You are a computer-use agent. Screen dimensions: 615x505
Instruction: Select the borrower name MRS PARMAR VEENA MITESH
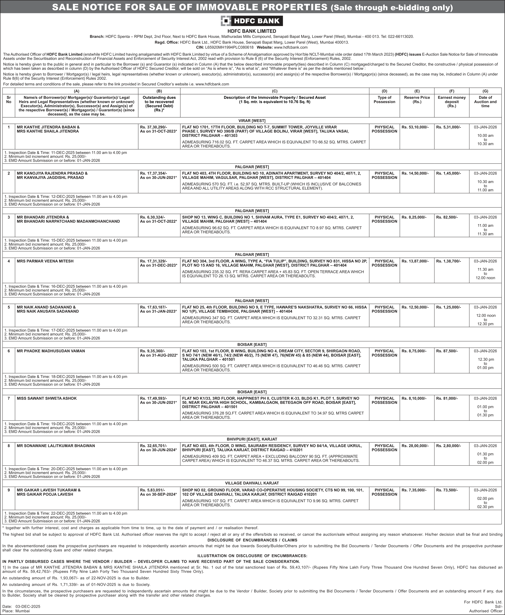tap(45, 261)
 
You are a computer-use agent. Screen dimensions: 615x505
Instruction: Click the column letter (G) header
tap(485, 91)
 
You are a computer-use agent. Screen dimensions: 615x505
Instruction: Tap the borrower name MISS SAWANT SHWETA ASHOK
tap(47, 398)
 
